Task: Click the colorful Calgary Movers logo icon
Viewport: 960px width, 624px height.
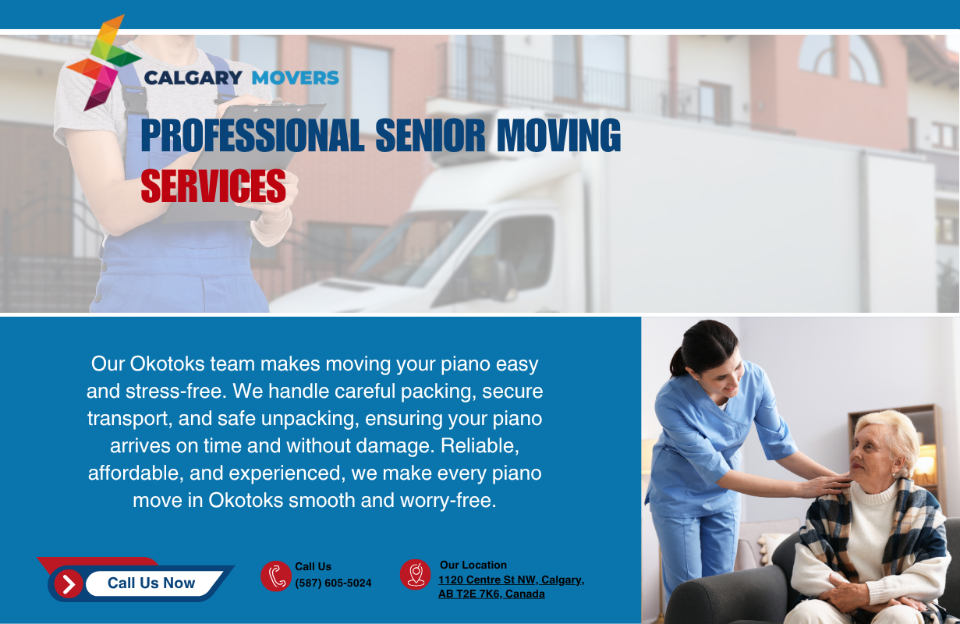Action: click(x=103, y=62)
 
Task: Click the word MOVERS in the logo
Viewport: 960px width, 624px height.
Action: click(x=296, y=78)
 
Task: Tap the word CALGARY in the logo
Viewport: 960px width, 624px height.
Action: click(x=193, y=78)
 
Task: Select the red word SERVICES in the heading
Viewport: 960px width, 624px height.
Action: click(x=213, y=186)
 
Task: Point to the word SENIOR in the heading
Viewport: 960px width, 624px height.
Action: click(x=430, y=136)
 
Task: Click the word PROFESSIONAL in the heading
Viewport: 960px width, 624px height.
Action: click(x=253, y=136)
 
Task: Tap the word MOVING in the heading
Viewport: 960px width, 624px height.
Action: click(x=559, y=136)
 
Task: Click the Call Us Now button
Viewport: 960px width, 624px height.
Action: click(x=151, y=583)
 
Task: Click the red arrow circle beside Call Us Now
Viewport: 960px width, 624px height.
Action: click(x=69, y=583)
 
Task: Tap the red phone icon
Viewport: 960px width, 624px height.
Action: click(x=276, y=576)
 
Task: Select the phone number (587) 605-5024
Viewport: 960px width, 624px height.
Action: click(x=333, y=583)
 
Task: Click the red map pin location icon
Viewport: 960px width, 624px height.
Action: click(x=416, y=575)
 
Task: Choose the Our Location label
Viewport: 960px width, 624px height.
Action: click(x=473, y=565)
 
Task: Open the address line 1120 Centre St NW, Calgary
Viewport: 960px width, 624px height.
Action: click(x=512, y=580)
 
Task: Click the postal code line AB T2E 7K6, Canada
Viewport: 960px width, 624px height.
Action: click(x=491, y=594)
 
